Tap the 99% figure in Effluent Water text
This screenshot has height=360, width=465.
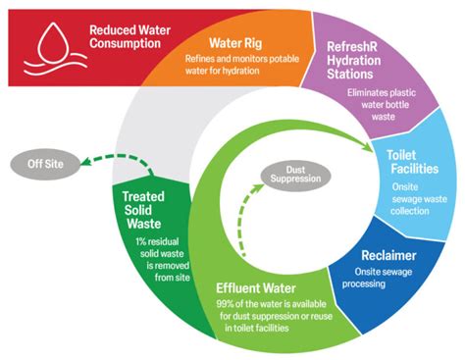pos(225,307)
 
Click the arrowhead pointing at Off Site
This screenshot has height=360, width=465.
pos(86,165)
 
